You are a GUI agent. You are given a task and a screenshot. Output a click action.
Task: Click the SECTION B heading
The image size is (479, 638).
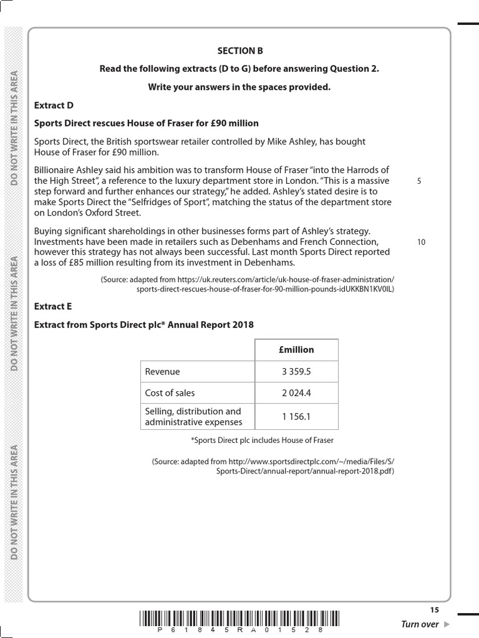(x=236, y=50)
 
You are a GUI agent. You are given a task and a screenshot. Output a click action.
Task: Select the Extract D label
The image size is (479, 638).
(x=53, y=105)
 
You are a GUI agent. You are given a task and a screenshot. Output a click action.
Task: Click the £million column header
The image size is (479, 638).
(x=296, y=350)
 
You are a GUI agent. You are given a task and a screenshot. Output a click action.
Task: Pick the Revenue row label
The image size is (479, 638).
(x=162, y=372)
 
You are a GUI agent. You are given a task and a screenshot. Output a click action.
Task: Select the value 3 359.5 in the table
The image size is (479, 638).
(x=296, y=372)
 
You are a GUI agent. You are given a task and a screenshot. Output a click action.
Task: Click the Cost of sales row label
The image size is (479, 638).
(x=170, y=393)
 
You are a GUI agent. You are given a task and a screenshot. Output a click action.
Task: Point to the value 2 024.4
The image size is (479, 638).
(x=296, y=393)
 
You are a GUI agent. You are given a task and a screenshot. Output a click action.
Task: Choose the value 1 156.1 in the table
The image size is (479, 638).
(x=296, y=416)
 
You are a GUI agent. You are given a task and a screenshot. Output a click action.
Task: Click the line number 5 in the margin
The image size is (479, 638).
(x=419, y=181)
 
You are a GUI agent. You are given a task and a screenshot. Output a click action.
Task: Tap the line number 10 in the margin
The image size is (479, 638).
(x=421, y=242)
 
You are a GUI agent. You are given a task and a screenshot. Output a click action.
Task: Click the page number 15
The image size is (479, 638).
(x=434, y=610)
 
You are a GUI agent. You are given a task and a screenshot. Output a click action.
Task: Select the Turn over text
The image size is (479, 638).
(x=420, y=624)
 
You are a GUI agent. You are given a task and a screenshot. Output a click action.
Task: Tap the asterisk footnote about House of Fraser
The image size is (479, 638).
(x=262, y=440)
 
